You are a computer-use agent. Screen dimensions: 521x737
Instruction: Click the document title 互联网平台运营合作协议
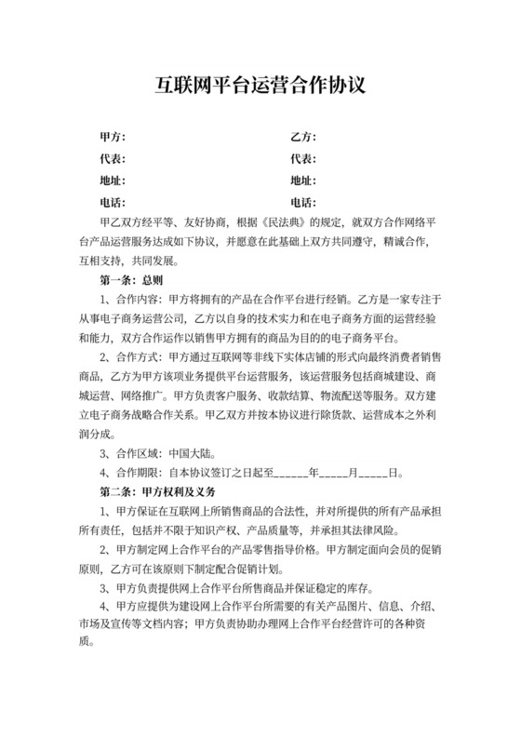tap(260, 87)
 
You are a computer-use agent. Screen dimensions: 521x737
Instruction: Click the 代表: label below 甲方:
tap(113, 159)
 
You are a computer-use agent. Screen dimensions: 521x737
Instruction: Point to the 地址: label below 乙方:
tap(303, 181)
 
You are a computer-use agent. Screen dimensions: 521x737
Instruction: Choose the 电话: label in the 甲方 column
tap(113, 203)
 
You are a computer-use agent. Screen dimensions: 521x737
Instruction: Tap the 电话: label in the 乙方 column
tap(303, 203)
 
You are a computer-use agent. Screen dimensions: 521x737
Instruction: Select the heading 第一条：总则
tap(131, 278)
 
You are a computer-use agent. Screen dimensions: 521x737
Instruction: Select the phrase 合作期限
tap(142, 473)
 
